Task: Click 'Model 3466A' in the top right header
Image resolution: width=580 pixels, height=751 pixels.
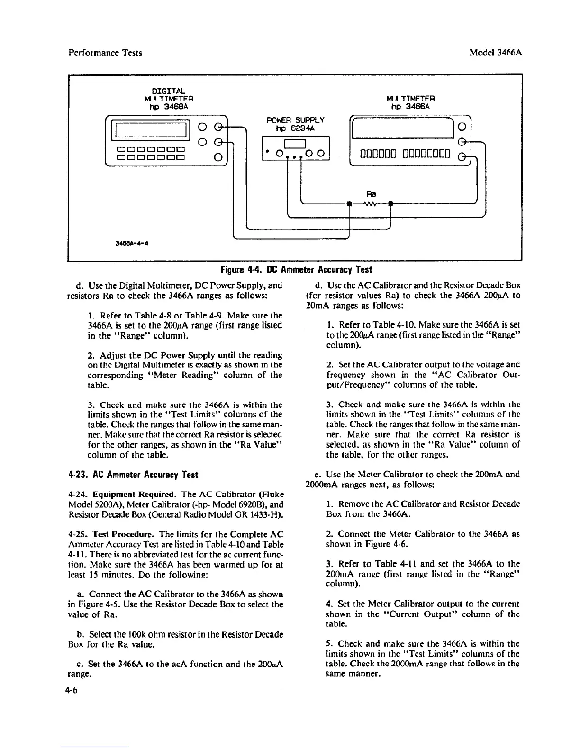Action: coord(493,53)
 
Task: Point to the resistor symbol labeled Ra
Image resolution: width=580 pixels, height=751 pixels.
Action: coord(369,204)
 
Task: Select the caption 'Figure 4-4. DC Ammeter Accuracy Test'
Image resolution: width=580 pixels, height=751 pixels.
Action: coord(296,270)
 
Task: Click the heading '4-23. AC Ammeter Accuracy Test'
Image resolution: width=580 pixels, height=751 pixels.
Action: coord(133,475)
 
